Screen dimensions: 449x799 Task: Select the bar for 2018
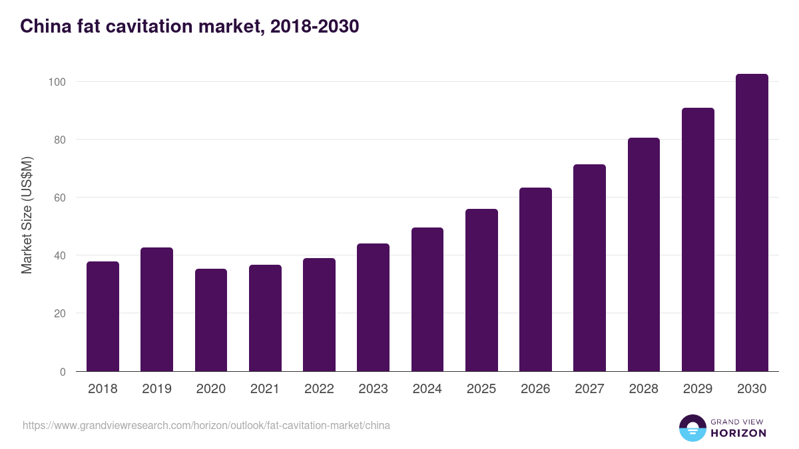tap(103, 317)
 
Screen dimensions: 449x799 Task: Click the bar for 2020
tap(211, 320)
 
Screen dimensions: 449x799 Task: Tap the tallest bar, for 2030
tap(752, 223)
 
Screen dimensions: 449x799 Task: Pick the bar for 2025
tap(481, 290)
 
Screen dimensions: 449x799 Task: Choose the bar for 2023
tap(373, 307)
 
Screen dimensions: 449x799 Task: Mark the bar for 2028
tap(643, 255)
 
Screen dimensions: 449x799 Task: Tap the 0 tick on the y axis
tap(63, 372)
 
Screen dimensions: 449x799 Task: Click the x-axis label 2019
tap(156, 389)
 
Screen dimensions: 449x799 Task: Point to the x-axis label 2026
tap(535, 389)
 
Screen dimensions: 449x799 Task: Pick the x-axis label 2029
tap(698, 389)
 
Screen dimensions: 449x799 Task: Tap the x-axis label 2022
tap(319, 389)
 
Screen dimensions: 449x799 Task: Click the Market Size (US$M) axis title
tap(27, 215)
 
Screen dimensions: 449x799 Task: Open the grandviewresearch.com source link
tap(206, 425)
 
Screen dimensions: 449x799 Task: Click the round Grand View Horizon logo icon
tap(692, 428)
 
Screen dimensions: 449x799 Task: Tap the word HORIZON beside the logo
tap(738, 433)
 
